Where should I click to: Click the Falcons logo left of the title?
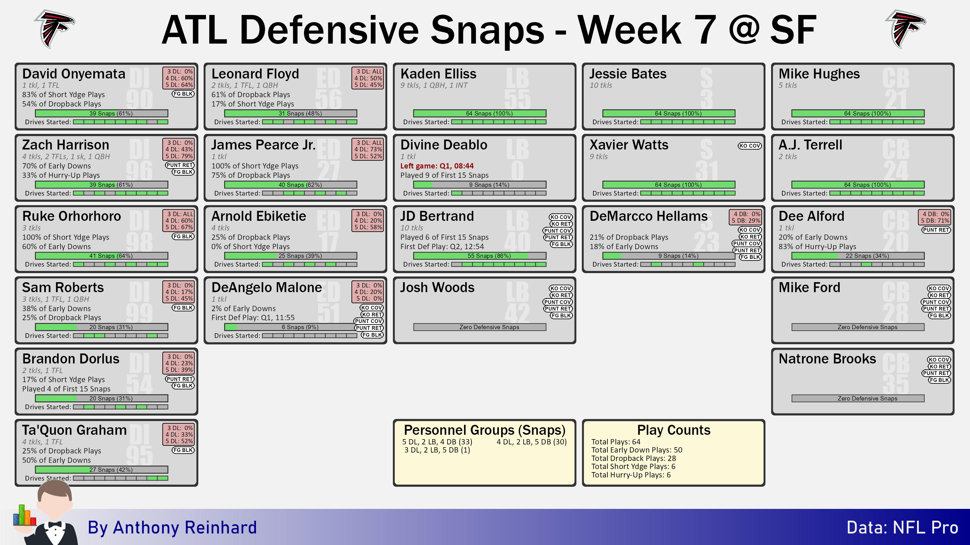tap(55, 29)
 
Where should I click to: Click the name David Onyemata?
tap(74, 74)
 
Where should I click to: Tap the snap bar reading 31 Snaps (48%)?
tap(291, 113)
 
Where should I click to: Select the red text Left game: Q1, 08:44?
tap(437, 166)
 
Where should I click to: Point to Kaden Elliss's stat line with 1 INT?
tap(434, 85)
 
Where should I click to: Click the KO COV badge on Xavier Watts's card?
tap(749, 145)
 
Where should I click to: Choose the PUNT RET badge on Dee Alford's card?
tap(936, 230)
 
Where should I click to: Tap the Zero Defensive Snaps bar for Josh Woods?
tap(480, 327)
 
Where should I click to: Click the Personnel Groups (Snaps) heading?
tap(485, 430)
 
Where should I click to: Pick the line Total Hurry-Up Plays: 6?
tap(631, 475)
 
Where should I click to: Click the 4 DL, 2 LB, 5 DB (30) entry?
tap(532, 442)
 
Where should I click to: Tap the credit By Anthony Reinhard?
tap(172, 528)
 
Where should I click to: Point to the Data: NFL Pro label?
tap(902, 528)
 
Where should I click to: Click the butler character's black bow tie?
tap(55, 524)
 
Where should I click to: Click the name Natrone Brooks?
tap(827, 359)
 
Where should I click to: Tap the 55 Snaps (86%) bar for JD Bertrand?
tap(480, 256)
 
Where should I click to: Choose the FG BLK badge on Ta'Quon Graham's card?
tap(183, 450)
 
